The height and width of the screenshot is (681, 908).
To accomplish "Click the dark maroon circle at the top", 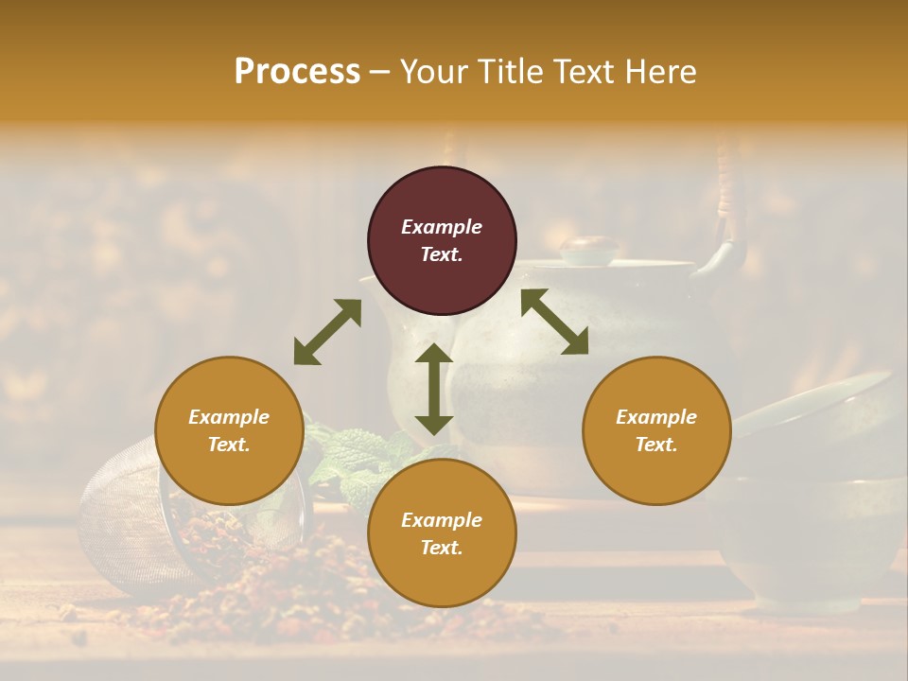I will click(x=442, y=241).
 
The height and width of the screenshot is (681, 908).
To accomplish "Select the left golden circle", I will click(x=229, y=430).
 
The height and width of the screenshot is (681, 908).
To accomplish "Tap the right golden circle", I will click(x=656, y=430).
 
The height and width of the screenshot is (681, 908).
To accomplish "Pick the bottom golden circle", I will click(x=442, y=533).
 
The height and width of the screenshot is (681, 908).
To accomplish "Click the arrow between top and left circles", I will click(x=327, y=332).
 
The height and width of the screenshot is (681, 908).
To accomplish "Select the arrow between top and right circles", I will click(x=554, y=322).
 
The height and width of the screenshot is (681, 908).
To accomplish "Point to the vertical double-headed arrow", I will click(x=434, y=389).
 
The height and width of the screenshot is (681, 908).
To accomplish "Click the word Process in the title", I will click(x=297, y=72).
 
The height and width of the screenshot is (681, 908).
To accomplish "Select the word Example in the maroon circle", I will click(x=442, y=227).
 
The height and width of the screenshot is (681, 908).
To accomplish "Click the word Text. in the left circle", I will click(x=229, y=445).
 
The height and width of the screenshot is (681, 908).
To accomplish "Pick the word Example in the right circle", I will click(x=656, y=417).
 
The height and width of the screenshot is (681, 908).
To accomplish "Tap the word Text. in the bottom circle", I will click(x=442, y=548).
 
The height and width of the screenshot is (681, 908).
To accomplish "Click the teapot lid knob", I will click(x=588, y=249).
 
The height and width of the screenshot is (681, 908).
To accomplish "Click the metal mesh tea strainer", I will click(x=118, y=511).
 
